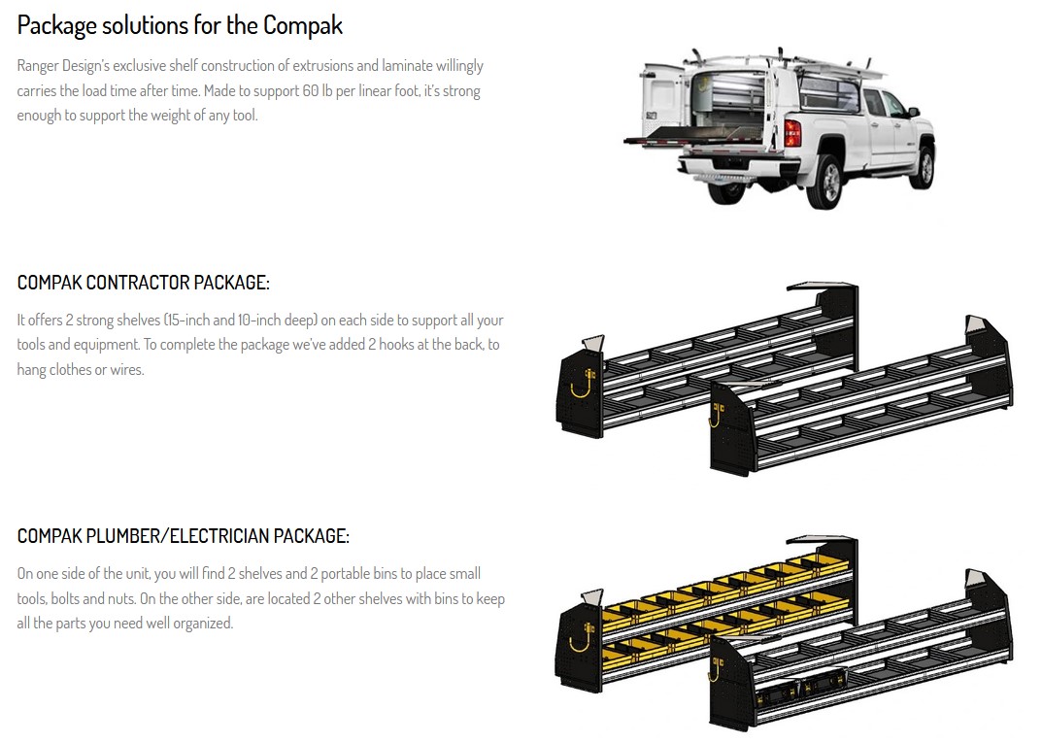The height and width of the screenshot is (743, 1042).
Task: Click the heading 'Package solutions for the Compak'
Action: (x=180, y=25)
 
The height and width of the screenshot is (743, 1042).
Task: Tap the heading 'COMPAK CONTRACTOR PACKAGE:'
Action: (x=143, y=283)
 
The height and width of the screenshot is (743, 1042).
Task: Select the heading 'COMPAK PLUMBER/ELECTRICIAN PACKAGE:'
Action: (x=183, y=536)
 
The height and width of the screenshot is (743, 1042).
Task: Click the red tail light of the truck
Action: (x=791, y=133)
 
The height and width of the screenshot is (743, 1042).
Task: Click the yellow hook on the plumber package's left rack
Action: (x=580, y=641)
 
